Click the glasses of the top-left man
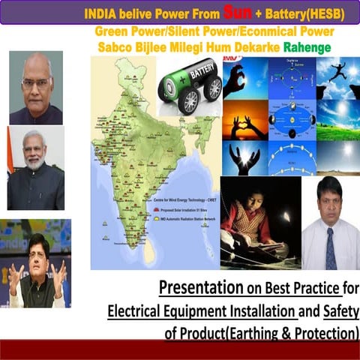tap(36, 82)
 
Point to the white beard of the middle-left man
tap(34, 160)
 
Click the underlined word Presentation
tap(198, 287)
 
